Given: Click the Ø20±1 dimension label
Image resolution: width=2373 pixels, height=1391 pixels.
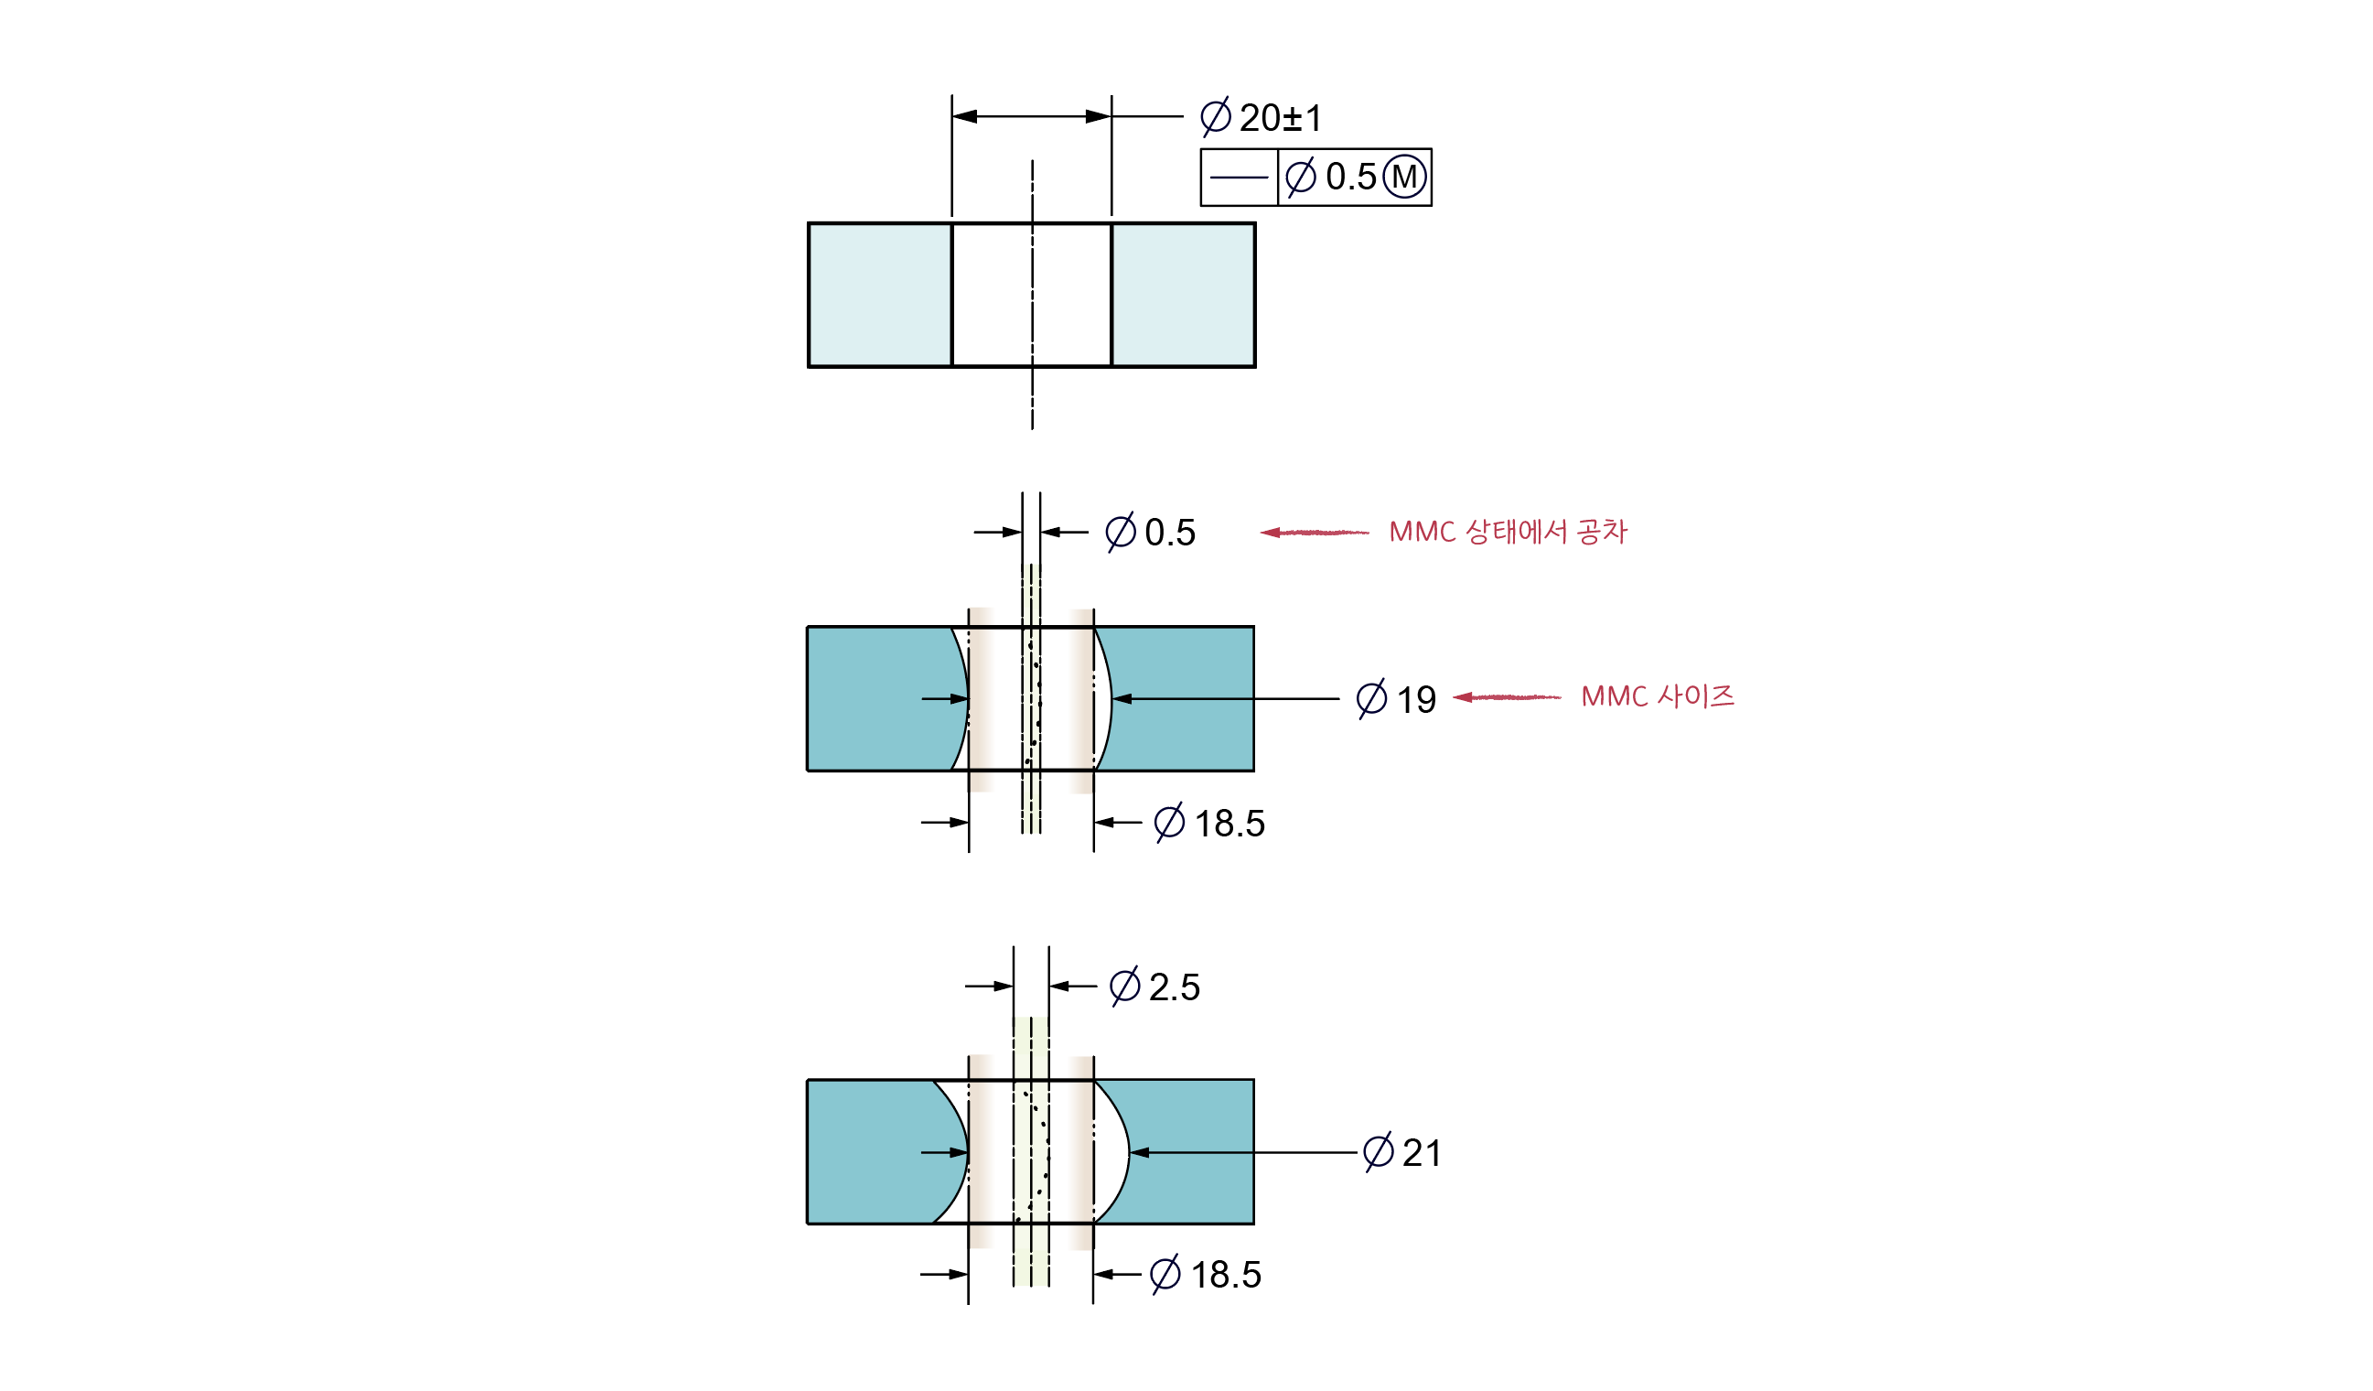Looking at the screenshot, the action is coord(1262,118).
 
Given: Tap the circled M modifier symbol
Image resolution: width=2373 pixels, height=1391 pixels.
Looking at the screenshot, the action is coord(1404,177).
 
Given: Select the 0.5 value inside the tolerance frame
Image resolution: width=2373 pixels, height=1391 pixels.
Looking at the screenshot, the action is coord(1351,177).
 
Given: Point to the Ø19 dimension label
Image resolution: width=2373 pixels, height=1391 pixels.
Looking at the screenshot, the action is coord(1397,700).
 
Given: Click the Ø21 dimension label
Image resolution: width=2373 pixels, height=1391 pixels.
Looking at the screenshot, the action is coord(1403,1153).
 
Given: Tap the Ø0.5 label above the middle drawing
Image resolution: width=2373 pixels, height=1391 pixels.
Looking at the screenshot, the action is coord(1151,533).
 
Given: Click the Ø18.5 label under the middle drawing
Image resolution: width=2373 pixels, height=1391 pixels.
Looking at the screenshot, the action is coord(1210,823).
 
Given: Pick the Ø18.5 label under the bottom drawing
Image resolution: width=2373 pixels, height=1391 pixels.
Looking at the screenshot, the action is coord(1207,1274).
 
